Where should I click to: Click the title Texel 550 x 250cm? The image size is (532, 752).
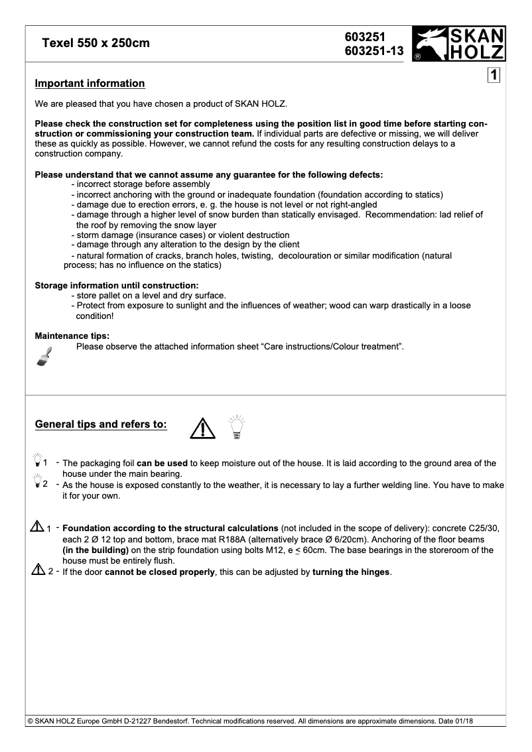pyautogui.click(x=96, y=44)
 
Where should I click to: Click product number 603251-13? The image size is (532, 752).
pyautogui.click(x=373, y=51)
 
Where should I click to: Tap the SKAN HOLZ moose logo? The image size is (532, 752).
pyautogui.click(x=458, y=44)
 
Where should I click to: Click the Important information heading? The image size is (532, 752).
pyautogui.click(x=90, y=84)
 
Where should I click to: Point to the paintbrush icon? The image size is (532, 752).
pyautogui.click(x=44, y=356)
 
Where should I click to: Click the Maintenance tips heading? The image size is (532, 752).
pyautogui.click(x=72, y=336)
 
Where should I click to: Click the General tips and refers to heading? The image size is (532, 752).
pyautogui.click(x=101, y=424)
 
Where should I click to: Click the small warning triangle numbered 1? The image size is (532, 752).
pyautogui.click(x=37, y=527)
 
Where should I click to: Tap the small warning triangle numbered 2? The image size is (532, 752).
pyautogui.click(x=37, y=571)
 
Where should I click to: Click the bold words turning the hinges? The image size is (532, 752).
pyautogui.click(x=351, y=572)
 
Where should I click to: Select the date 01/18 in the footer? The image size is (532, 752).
pyautogui.click(x=462, y=721)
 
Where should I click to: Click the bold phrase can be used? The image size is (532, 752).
pyautogui.click(x=162, y=464)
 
